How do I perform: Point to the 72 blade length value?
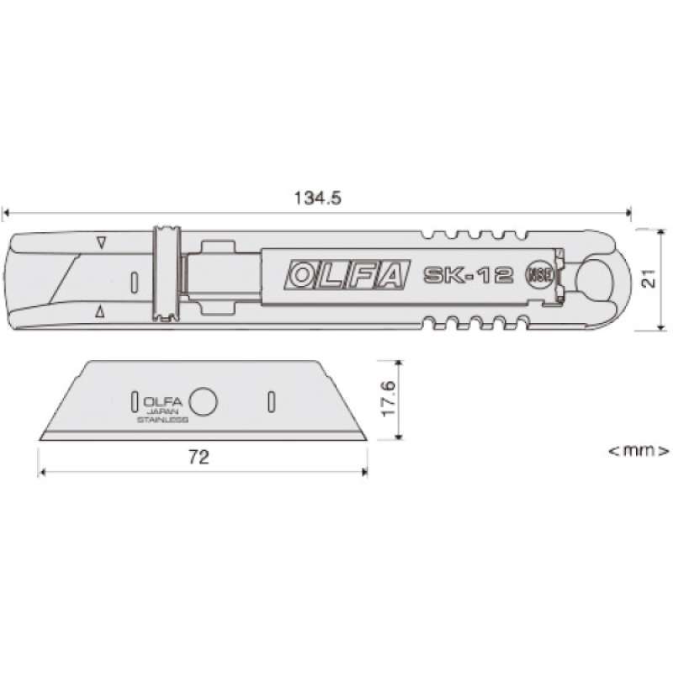(199, 458)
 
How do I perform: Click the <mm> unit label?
(639, 451)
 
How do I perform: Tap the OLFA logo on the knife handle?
(347, 276)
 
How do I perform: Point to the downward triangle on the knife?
(101, 243)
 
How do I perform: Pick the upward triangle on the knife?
(101, 312)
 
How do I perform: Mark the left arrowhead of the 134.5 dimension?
(7, 213)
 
